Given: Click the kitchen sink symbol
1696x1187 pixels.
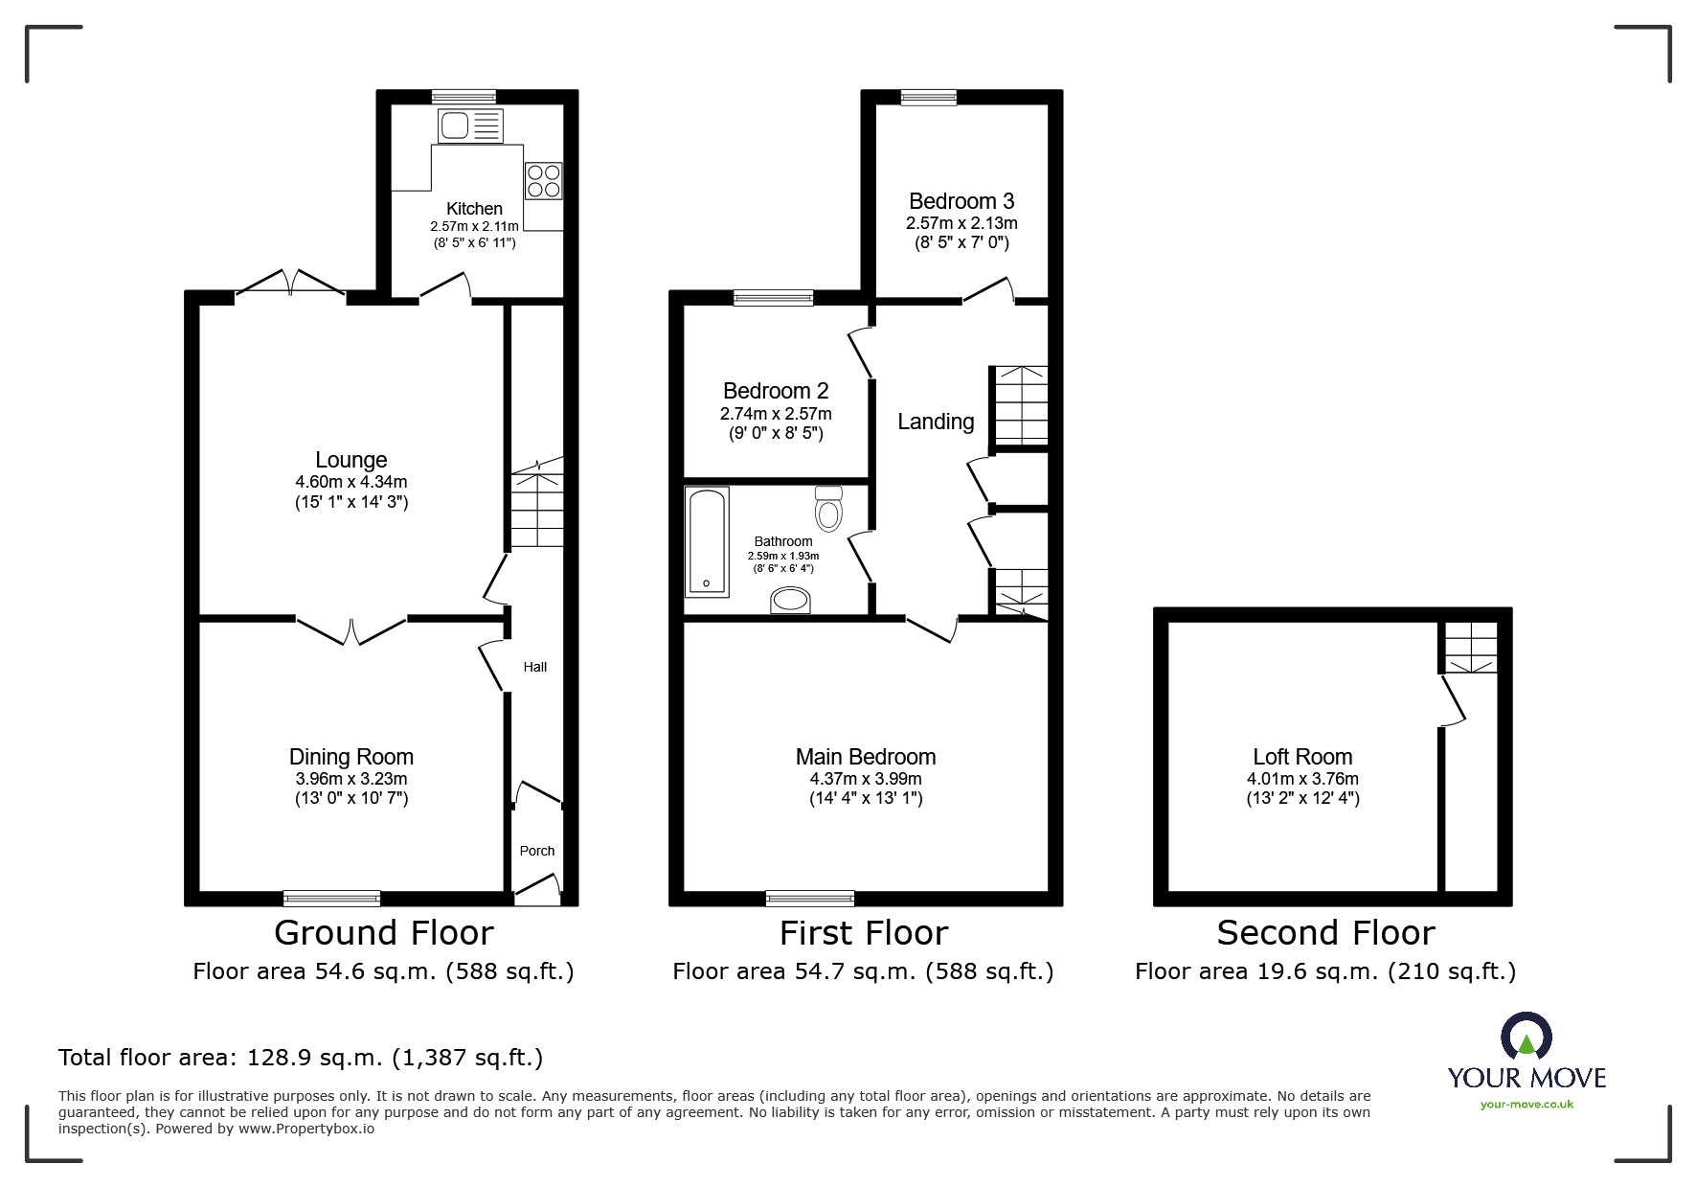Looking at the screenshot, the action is [x=470, y=126].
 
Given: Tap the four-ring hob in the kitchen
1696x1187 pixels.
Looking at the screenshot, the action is [x=543, y=181].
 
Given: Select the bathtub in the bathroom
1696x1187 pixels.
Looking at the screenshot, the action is [x=707, y=542].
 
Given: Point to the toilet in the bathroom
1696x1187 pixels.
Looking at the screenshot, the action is [x=828, y=508].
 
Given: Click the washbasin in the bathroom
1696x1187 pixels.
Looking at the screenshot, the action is [x=791, y=601].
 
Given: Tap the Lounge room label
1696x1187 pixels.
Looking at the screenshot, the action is [x=351, y=460].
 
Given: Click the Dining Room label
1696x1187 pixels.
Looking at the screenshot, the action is [x=351, y=757].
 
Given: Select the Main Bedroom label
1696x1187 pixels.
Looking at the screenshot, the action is [x=866, y=757].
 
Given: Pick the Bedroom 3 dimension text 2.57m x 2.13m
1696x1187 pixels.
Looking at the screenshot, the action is [x=961, y=223].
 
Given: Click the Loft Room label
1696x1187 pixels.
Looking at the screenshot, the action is [x=1302, y=757].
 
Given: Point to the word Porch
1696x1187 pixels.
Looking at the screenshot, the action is [x=537, y=851].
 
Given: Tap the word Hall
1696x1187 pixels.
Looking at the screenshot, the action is [x=535, y=667].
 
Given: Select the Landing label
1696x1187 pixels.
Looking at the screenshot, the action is [x=936, y=422].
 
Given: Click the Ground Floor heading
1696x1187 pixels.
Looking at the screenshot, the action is [x=384, y=932].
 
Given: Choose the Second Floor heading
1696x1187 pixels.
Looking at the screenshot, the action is [x=1325, y=932].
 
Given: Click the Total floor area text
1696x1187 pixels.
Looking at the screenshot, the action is [x=301, y=1058].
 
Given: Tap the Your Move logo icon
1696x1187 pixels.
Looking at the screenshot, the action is [x=1526, y=1036].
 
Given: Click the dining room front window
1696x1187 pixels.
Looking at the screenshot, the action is [x=332, y=898].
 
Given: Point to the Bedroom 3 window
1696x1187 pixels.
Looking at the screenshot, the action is [x=929, y=96].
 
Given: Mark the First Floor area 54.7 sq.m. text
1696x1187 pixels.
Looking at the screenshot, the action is [x=863, y=971].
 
